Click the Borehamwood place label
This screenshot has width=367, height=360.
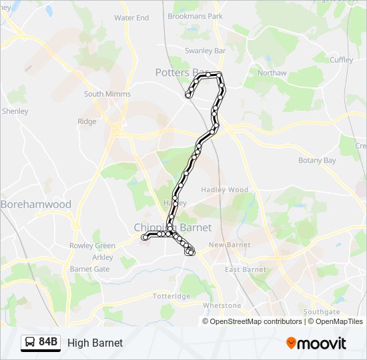[36, 205]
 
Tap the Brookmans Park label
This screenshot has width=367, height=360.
[195, 15]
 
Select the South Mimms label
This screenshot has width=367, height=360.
[107, 94]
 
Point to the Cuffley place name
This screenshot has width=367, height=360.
[341, 59]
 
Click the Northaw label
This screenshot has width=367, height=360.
[272, 73]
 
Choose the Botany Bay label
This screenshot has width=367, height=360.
[317, 161]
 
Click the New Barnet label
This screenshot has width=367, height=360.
[230, 245]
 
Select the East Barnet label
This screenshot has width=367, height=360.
[245, 269]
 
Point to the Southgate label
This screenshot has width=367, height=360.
[321, 311]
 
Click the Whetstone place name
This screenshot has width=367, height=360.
[222, 305]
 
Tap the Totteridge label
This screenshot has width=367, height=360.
[171, 295]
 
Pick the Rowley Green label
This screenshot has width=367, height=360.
[92, 246]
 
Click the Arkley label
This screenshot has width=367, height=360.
[102, 257]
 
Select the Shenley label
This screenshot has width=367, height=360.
[15, 111]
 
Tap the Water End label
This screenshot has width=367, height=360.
[131, 18]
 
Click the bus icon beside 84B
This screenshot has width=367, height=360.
[30, 343]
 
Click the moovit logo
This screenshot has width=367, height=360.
[316, 343]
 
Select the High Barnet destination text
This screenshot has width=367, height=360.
[95, 343]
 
